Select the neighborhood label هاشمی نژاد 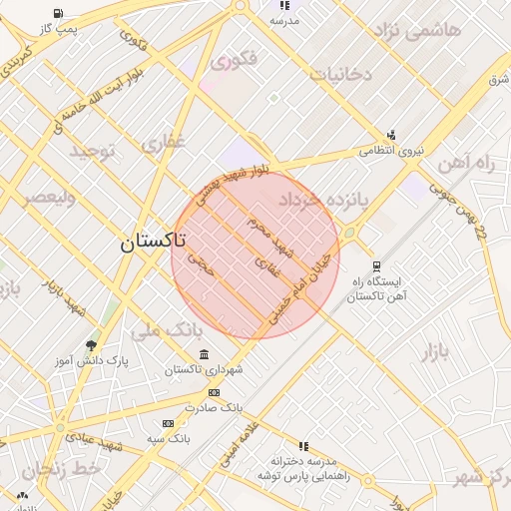point(417,30)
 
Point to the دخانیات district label point(339,74)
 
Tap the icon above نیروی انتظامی point(391,135)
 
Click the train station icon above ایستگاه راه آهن point(376,265)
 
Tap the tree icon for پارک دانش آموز point(92,345)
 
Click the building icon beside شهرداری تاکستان point(205,355)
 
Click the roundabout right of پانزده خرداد point(349,234)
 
